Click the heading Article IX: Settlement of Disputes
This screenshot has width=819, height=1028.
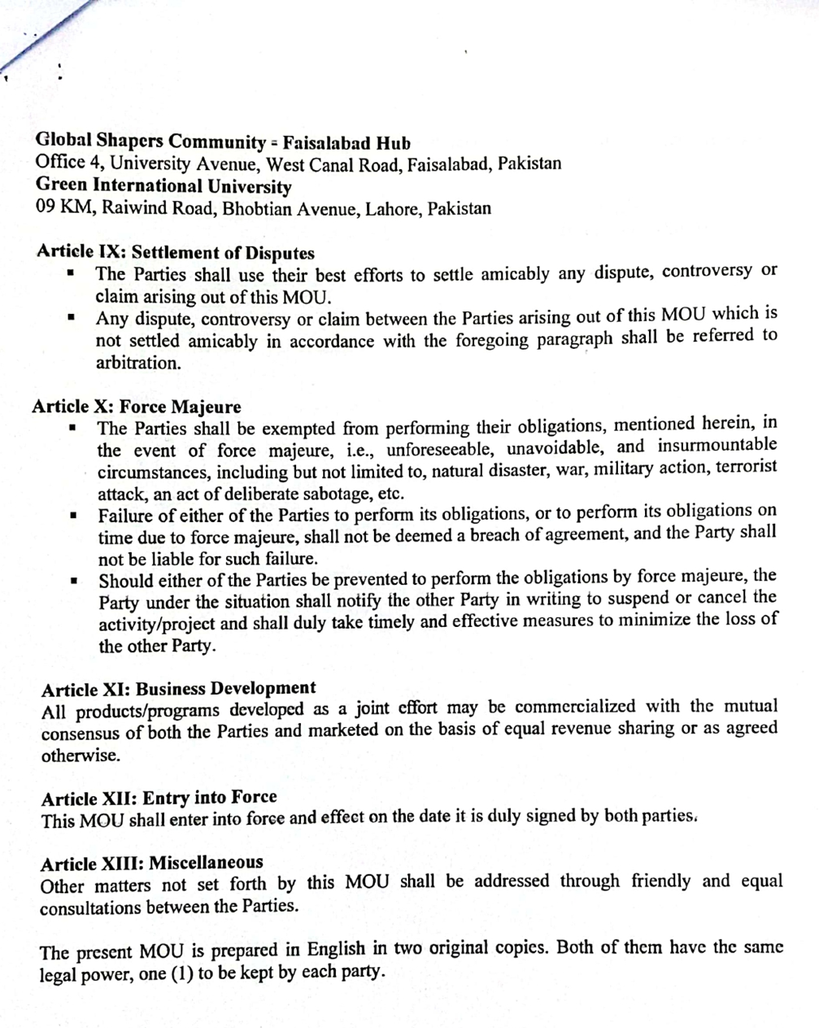pos(175,252)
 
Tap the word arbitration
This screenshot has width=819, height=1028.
pos(138,363)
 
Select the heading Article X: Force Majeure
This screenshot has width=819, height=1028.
pos(137,406)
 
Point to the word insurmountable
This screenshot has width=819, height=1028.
pos(717,446)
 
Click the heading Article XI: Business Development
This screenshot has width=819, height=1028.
pos(178,689)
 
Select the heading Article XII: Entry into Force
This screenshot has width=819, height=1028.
pos(159,797)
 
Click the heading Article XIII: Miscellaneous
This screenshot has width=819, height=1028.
pos(152,863)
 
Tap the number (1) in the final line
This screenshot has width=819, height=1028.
pos(181,974)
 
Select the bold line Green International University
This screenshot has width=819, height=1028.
pos(163,186)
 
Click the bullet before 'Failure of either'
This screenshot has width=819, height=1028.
pos(73,516)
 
